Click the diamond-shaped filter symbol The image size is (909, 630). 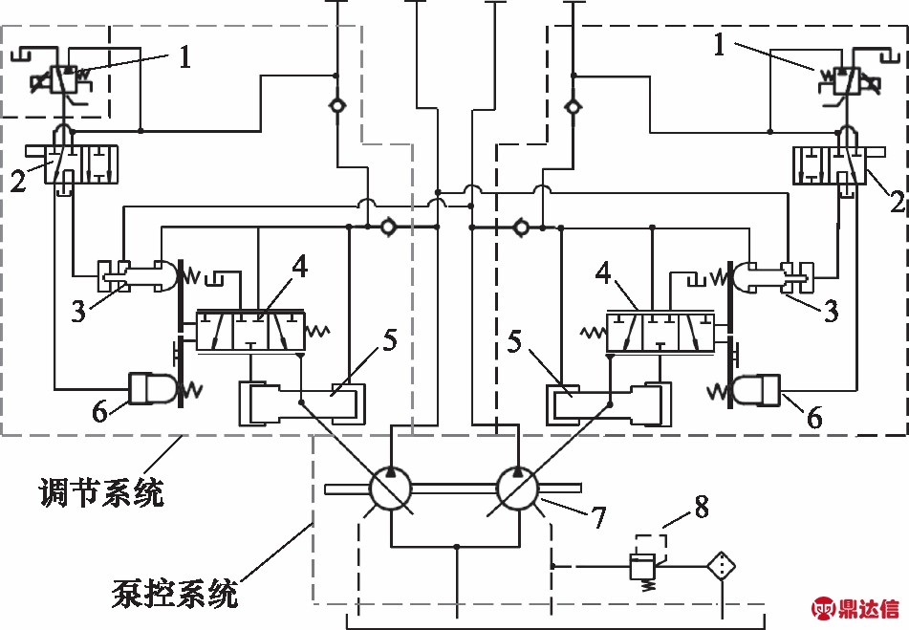pyautogui.click(x=723, y=566)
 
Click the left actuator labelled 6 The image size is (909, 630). pyautogui.click(x=151, y=388)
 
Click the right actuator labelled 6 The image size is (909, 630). pyautogui.click(x=757, y=388)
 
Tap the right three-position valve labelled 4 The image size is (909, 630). pyautogui.click(x=660, y=330)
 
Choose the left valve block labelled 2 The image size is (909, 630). pyautogui.click(x=76, y=163)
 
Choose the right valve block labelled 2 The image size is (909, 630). pyautogui.click(x=831, y=163)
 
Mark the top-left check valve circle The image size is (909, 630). pyautogui.click(x=336, y=105)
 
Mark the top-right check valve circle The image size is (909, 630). pyautogui.click(x=572, y=105)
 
